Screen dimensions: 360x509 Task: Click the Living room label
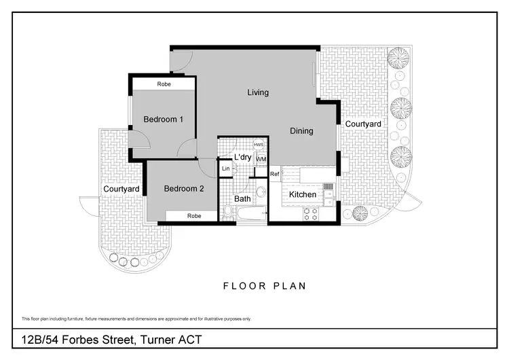[x=258, y=92]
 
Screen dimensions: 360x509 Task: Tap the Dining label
[x=301, y=131]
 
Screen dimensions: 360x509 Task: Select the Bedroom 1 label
[x=164, y=120]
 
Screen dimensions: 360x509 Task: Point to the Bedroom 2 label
[x=184, y=189]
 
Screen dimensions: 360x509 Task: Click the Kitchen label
[x=303, y=195]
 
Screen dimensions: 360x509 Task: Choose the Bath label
[x=242, y=199]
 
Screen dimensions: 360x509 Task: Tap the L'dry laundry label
[x=242, y=158]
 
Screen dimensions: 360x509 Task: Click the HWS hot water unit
[x=259, y=145]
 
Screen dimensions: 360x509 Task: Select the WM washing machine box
[x=261, y=159]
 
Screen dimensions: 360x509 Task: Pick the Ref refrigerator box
[x=275, y=175]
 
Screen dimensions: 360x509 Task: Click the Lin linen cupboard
[x=225, y=168]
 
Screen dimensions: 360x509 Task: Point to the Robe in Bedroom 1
[x=164, y=84]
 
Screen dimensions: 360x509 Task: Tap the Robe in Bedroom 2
[x=194, y=216]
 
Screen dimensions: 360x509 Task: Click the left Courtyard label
[x=121, y=189]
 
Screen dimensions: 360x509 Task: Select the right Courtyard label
[x=362, y=124]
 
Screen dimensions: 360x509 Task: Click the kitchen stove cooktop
[x=310, y=215]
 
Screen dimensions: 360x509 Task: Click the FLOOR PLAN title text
[x=265, y=286]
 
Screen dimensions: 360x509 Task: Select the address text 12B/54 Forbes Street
[x=111, y=340]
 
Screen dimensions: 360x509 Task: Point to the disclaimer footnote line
[x=136, y=319]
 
